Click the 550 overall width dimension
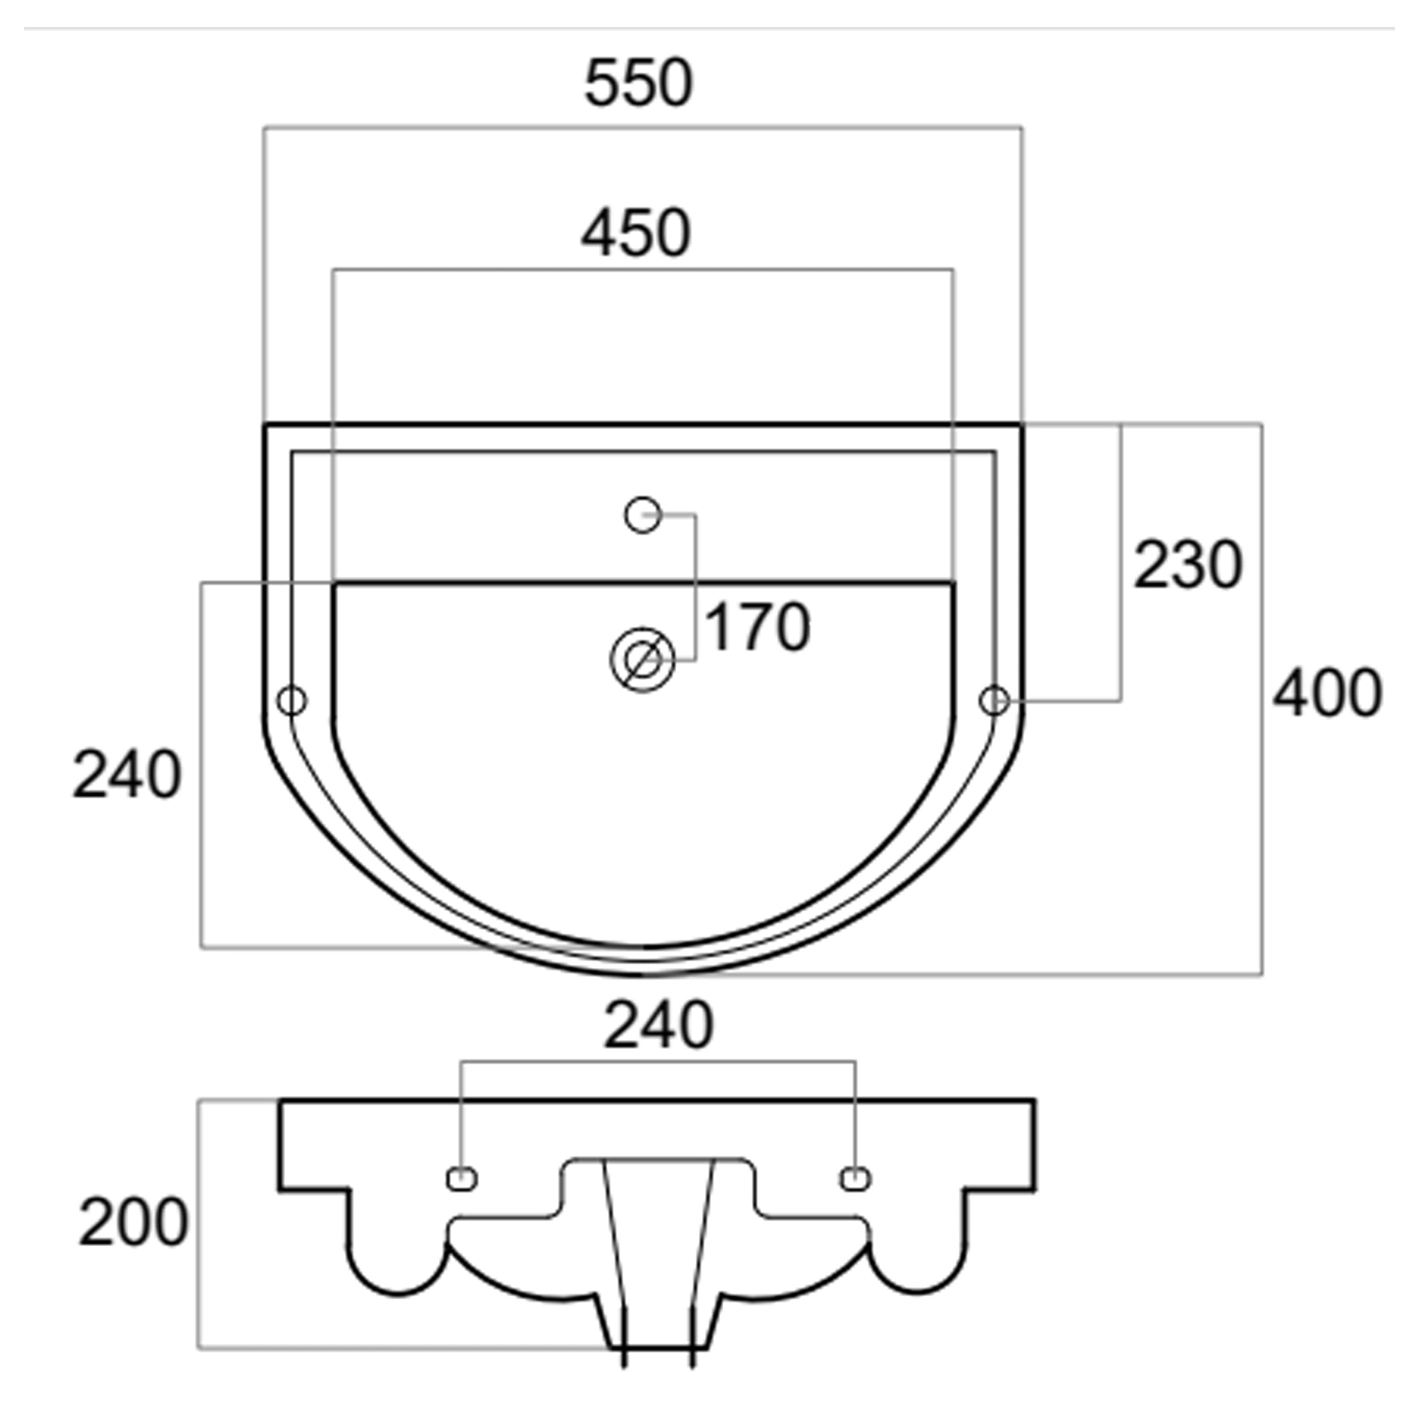click(638, 84)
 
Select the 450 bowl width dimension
click(636, 234)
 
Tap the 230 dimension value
click(1188, 565)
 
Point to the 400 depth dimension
click(1327, 693)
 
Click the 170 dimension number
click(757, 627)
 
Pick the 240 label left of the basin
click(127, 775)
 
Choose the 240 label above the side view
click(658, 1024)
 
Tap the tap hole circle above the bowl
click(643, 515)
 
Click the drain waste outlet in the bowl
click(643, 660)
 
